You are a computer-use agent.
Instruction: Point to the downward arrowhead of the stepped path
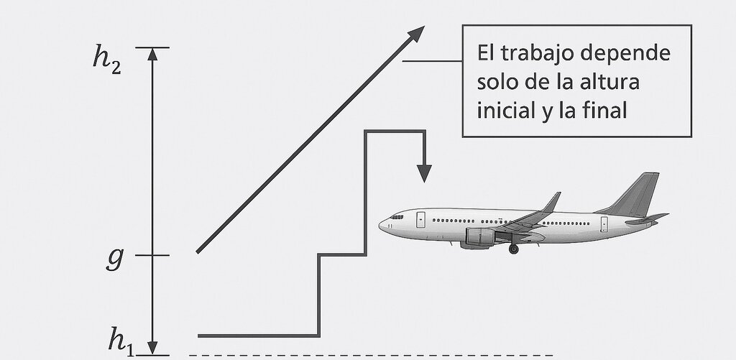(424, 173)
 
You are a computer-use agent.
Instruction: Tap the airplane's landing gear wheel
(513, 249)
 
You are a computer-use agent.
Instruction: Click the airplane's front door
(420, 220)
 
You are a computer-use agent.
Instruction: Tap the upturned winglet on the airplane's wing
(552, 202)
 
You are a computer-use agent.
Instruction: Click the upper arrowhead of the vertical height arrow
(152, 54)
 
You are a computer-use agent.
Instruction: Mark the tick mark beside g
(152, 255)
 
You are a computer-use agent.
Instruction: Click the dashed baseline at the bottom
(371, 355)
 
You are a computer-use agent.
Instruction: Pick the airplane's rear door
(604, 224)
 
